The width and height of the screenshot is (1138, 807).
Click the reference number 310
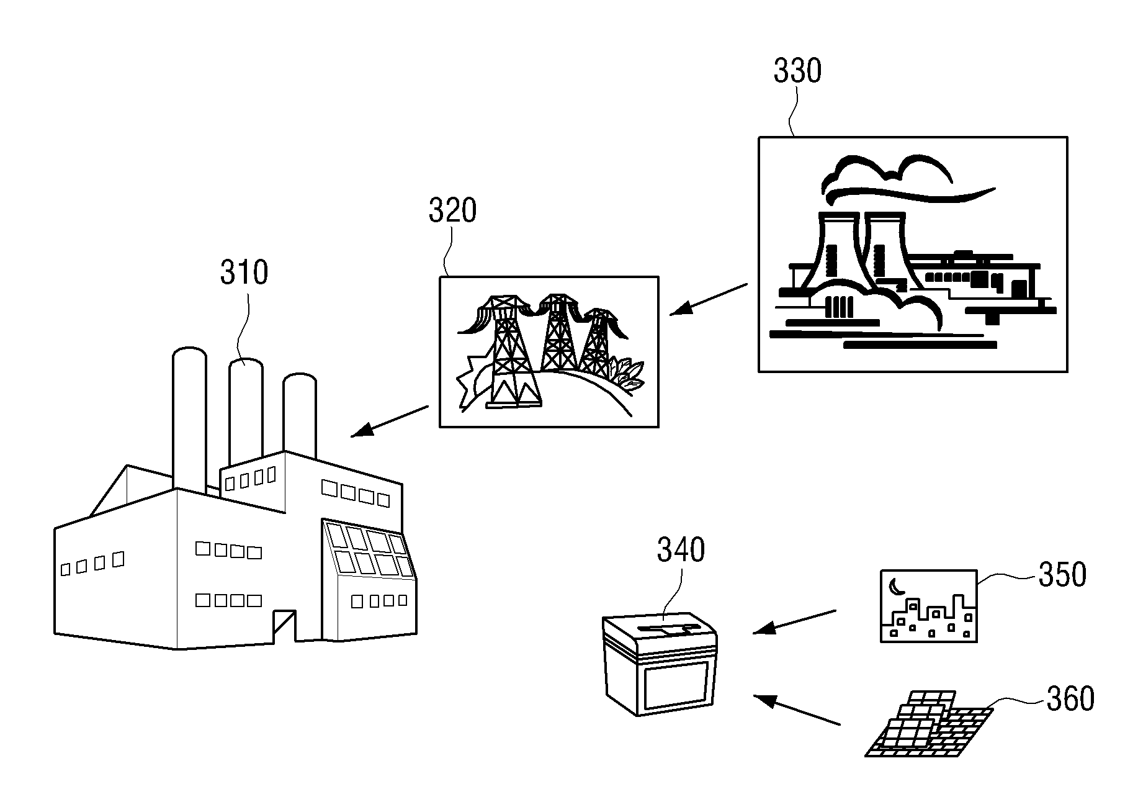click(244, 273)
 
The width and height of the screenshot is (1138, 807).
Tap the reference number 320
click(452, 211)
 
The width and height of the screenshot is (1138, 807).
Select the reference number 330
click(797, 71)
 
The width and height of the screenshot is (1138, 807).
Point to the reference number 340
click(681, 550)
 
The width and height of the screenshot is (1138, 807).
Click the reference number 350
click(1062, 575)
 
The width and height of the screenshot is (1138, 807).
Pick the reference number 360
click(1070, 699)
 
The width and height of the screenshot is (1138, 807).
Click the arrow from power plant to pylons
click(709, 299)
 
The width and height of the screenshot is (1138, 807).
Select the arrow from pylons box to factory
click(390, 422)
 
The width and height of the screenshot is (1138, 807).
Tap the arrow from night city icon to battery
click(794, 622)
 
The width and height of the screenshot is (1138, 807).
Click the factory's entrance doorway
click(284, 627)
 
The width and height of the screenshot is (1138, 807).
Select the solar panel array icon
click(928, 723)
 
